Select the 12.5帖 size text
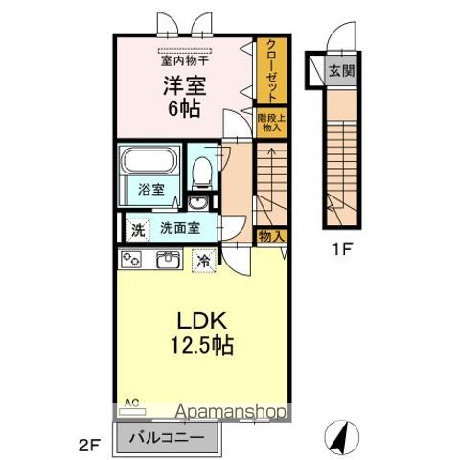201,343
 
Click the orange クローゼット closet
270,70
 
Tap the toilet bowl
201,172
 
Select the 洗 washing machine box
138,230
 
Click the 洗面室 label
179,229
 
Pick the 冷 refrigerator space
204,259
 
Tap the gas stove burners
132,259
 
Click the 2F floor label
89,444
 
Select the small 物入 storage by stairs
270,236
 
